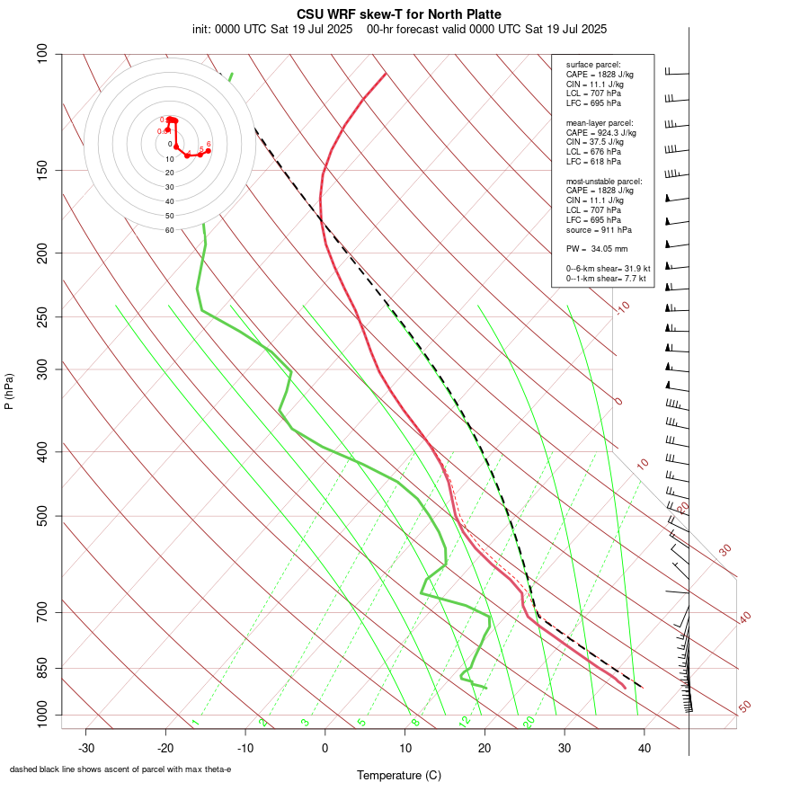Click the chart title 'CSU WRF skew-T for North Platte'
tap(399, 14)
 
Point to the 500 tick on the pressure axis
tap(43, 516)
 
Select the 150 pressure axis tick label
tap(43, 170)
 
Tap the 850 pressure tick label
tap(43, 668)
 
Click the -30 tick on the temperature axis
tap(86, 748)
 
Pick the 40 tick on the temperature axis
tap(644, 748)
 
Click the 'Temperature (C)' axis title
tap(398, 775)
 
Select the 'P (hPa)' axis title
tap(9, 391)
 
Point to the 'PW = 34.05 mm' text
tap(597, 248)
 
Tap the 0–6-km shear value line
tap(608, 268)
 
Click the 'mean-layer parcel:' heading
tap(600, 122)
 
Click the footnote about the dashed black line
tap(120, 769)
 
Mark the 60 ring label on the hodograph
tap(169, 230)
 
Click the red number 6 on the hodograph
tap(209, 144)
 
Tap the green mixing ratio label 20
tap(529, 721)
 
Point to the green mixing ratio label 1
tap(194, 723)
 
